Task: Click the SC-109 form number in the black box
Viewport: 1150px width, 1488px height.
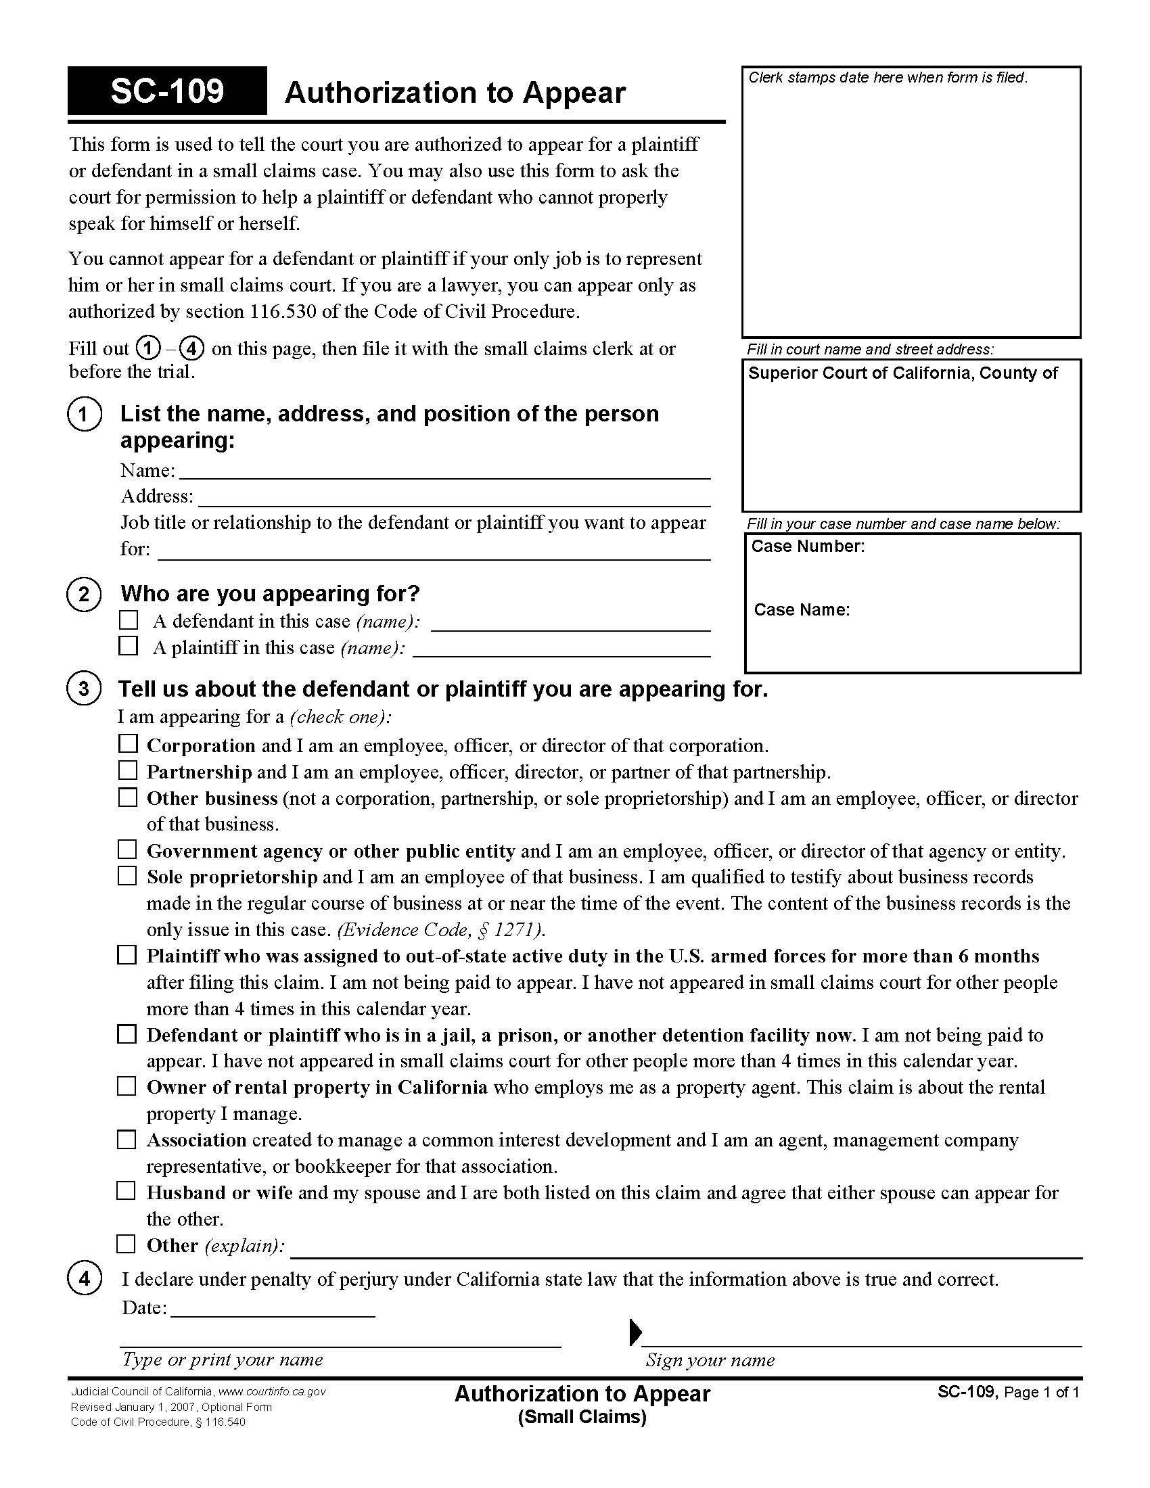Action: tap(167, 91)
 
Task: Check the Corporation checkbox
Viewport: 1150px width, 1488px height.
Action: tap(127, 744)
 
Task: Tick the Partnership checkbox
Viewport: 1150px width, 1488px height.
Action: tap(127, 770)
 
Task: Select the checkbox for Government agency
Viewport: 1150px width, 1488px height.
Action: tap(127, 850)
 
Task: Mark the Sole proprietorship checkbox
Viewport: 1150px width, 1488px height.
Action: tap(127, 876)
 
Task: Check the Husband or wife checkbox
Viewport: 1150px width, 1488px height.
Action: tap(126, 1191)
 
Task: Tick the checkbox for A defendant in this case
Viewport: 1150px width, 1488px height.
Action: tap(128, 620)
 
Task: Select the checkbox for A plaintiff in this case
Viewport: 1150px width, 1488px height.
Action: tap(128, 646)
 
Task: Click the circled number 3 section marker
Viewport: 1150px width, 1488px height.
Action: tap(84, 689)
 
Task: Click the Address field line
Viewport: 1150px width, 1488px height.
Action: tap(454, 498)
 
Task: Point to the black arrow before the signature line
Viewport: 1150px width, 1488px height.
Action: tap(635, 1330)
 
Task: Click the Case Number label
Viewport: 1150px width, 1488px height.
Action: tap(807, 547)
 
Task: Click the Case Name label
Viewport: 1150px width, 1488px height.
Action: tap(802, 610)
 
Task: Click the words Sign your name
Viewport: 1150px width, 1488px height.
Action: tap(710, 1361)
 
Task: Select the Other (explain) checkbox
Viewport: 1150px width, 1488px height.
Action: tap(126, 1244)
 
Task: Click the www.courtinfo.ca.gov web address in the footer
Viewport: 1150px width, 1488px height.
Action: tap(272, 1392)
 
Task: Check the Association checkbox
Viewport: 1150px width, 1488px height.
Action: tap(126, 1139)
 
